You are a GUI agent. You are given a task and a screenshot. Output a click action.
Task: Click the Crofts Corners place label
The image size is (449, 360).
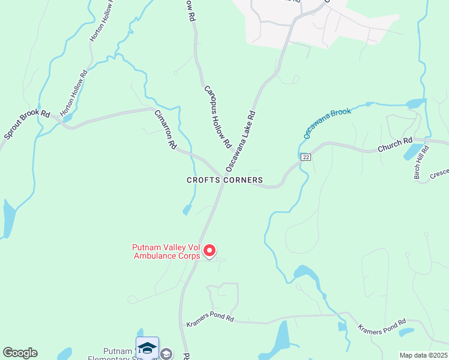[224, 180]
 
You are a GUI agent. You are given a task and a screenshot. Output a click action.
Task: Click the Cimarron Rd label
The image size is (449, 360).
[165, 130]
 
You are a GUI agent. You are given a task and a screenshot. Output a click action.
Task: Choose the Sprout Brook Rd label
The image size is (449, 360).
[26, 124]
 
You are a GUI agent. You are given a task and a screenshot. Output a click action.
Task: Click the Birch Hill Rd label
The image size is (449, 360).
[421, 162]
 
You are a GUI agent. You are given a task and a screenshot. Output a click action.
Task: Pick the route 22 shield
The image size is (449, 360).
[306, 157]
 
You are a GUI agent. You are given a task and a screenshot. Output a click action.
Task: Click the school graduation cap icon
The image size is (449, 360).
[147, 347]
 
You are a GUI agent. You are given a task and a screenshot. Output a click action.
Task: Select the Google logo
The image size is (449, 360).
[20, 353]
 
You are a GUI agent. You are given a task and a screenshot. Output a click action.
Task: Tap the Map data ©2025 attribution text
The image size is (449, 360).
[423, 355]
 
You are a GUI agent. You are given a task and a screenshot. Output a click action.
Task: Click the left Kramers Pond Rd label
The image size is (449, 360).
[209, 319]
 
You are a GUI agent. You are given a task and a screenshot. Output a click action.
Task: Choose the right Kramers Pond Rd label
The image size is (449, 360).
[382, 327]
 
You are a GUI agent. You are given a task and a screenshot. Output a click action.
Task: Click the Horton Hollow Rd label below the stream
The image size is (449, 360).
[74, 93]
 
